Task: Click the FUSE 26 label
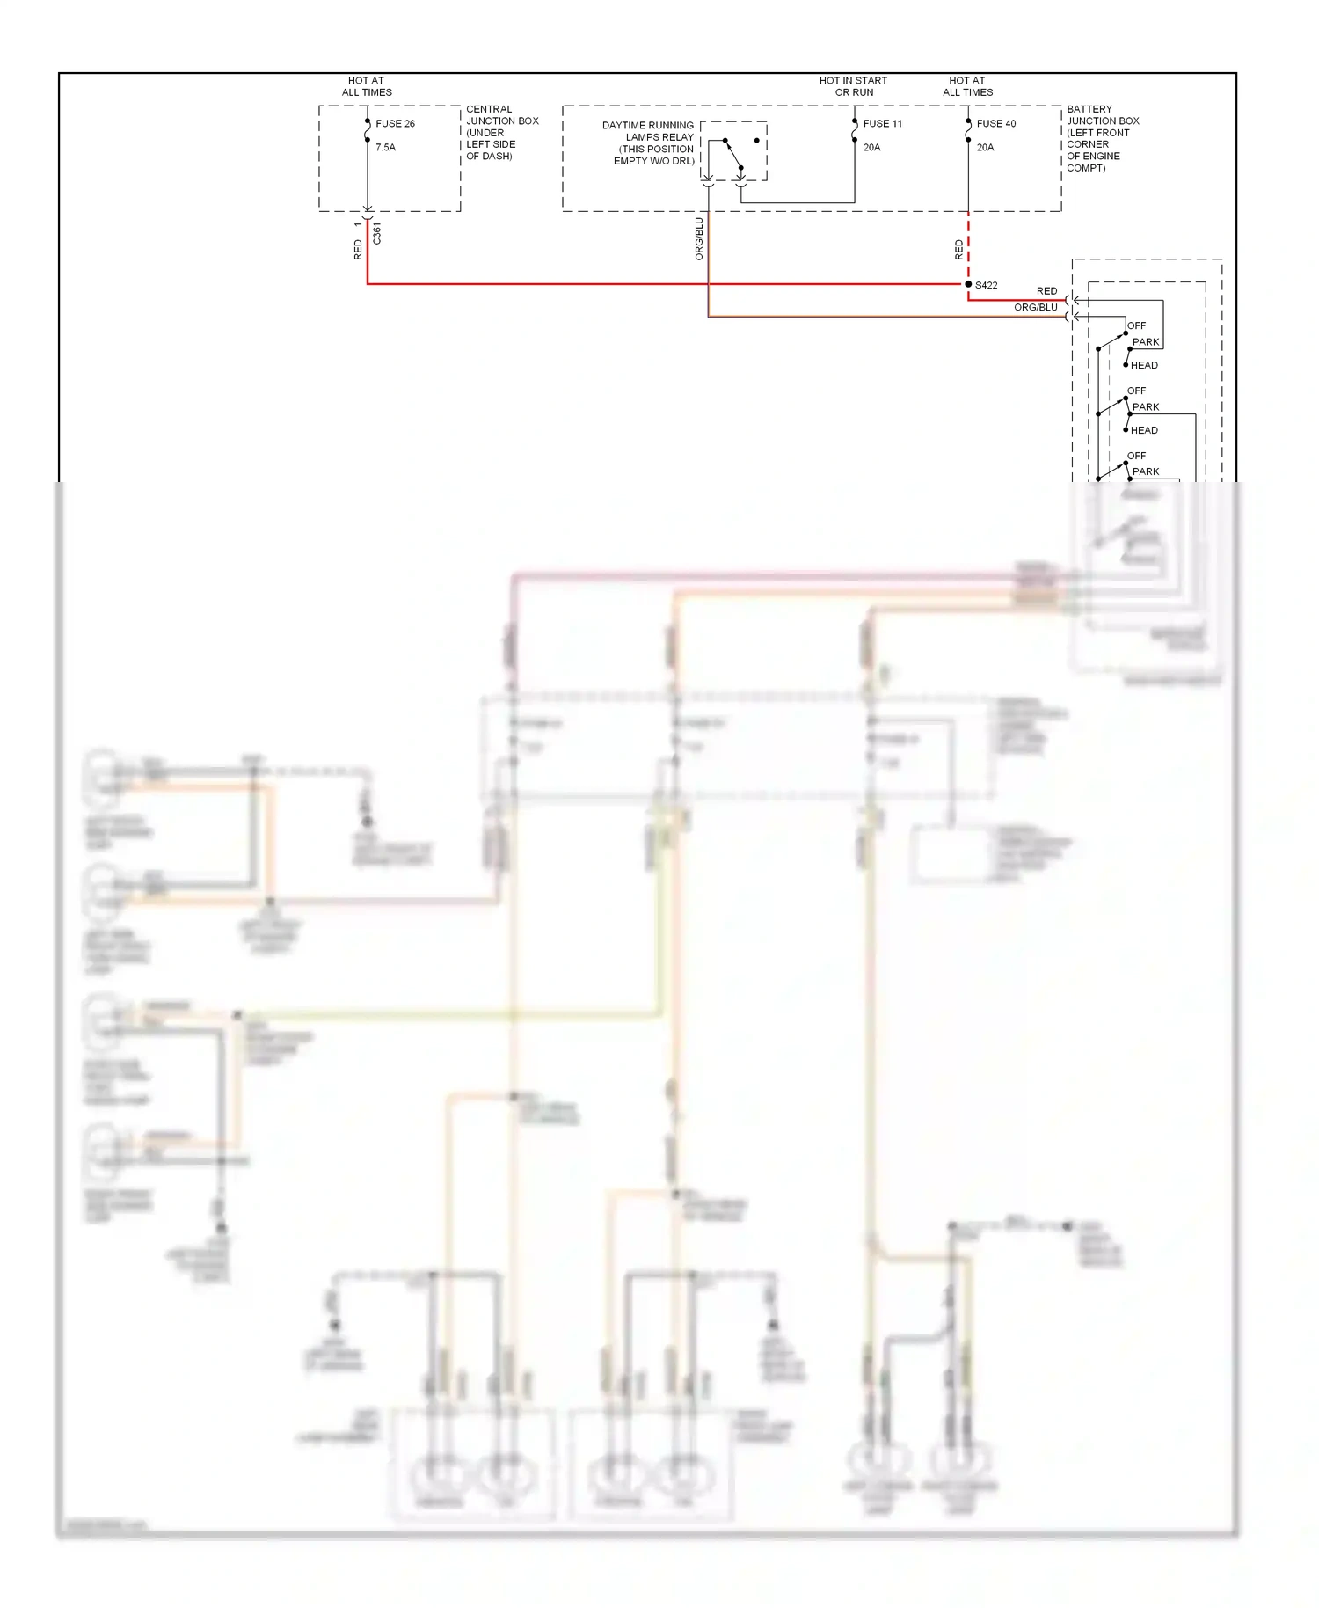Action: [395, 124]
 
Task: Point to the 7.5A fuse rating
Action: [385, 148]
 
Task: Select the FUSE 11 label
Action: [882, 124]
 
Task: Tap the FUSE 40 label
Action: [995, 124]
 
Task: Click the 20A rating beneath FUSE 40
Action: [985, 148]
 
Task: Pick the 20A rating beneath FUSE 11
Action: [871, 148]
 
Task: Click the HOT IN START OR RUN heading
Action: [853, 86]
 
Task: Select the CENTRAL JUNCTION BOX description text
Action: [501, 133]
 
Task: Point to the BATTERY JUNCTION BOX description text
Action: [1102, 138]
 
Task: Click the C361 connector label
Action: [377, 233]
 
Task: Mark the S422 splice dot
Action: [968, 284]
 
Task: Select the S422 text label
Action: [987, 285]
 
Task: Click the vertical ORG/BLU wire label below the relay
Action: [699, 238]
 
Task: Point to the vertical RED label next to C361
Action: [358, 250]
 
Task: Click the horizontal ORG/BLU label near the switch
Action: [1035, 308]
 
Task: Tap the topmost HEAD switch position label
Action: [1143, 365]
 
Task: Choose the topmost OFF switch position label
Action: [1136, 325]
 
